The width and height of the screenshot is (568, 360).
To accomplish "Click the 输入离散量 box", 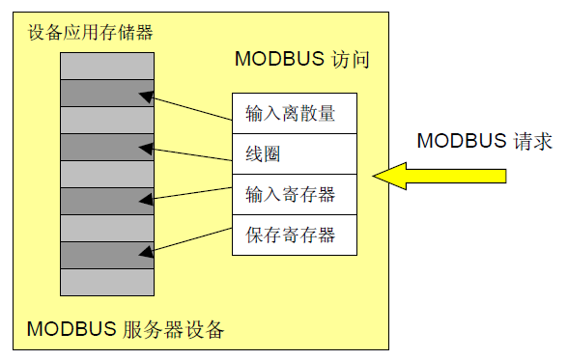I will (x=295, y=113).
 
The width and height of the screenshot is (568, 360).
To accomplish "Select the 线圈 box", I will (x=295, y=153).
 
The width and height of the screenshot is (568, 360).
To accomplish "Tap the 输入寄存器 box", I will (x=295, y=194).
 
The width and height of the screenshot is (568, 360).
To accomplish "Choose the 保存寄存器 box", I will (x=295, y=235).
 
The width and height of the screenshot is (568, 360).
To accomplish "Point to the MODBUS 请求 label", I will (x=484, y=141).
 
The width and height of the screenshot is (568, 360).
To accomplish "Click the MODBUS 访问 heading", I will (x=302, y=60).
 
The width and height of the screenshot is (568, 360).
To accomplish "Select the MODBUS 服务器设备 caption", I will (x=126, y=330).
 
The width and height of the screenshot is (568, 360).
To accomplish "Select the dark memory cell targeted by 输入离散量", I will (x=106, y=93).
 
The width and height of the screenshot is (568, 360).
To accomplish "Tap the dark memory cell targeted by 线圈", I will (x=106, y=147).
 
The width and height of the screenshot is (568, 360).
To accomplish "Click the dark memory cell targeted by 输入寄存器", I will (x=106, y=201).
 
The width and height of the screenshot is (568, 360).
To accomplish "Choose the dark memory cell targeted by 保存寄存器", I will (x=106, y=255).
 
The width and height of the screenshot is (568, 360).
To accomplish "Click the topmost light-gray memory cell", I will (x=106, y=66).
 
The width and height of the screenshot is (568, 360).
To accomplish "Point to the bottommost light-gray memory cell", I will (x=106, y=282).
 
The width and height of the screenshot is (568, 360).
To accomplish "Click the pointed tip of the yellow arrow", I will (x=376, y=175).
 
